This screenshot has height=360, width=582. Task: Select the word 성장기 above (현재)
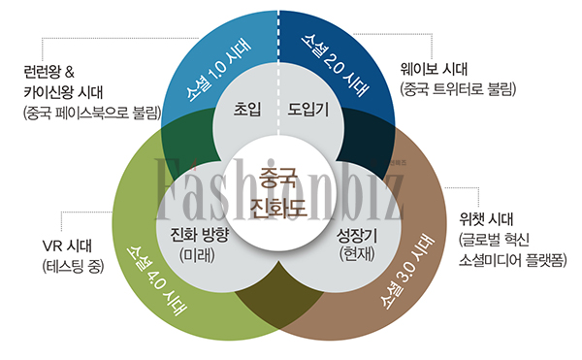356,236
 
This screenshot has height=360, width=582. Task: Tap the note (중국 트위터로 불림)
457,89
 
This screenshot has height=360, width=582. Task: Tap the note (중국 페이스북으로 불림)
91,113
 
